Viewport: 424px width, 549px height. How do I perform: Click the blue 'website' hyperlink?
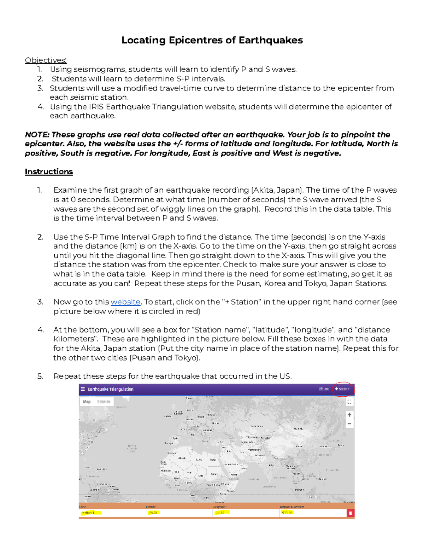[125, 302]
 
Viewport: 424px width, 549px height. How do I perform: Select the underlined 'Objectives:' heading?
[46, 60]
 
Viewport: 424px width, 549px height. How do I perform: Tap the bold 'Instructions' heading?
[49, 172]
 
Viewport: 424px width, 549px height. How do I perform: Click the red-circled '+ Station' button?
[342, 389]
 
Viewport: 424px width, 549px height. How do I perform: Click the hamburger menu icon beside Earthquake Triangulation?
[83, 389]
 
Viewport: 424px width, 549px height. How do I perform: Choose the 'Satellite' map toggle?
[104, 402]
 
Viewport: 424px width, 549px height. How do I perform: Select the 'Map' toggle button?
[87, 402]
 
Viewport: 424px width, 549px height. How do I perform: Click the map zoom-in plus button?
[349, 415]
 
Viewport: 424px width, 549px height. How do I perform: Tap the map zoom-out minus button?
[349, 424]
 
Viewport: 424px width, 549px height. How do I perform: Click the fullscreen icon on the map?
[349, 402]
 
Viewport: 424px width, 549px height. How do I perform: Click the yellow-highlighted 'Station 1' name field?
[90, 513]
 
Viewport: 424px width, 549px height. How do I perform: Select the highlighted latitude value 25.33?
[153, 513]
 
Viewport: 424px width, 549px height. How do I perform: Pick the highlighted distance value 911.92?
[287, 513]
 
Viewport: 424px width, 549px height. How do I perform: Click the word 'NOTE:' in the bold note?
[37, 135]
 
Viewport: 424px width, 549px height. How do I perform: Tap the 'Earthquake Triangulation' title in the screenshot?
[111, 389]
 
